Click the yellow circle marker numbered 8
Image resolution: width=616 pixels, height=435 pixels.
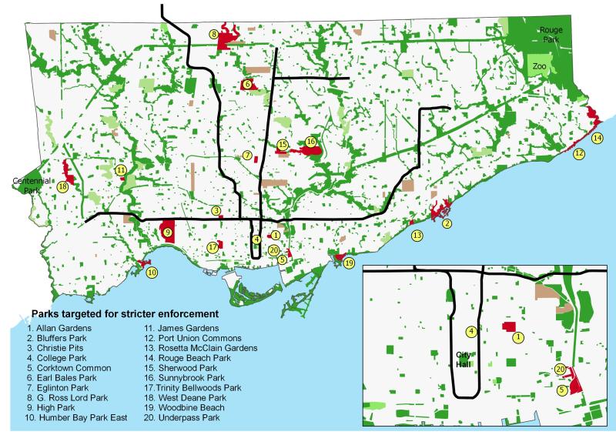coord(213,35)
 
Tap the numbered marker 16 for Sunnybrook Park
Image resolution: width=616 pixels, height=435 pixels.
coord(310,142)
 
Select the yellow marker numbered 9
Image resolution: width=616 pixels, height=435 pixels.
coord(167,232)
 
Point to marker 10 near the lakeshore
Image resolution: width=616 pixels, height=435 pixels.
coord(152,272)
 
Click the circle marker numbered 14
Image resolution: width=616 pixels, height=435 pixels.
coord(598,138)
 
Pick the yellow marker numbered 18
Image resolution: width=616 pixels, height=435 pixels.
coord(62,186)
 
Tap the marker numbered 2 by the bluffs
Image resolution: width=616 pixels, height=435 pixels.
coord(447,223)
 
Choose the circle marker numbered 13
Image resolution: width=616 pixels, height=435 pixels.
coord(417,235)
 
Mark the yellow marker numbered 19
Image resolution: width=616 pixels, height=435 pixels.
coord(349,263)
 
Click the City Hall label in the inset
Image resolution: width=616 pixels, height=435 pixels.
coord(462,359)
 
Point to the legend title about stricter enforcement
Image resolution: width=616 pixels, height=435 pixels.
coord(124,314)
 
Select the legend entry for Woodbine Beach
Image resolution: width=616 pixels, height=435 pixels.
coord(188,408)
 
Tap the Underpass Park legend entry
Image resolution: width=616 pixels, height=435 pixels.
coord(188,418)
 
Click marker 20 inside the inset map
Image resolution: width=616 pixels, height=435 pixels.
coord(560,369)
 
